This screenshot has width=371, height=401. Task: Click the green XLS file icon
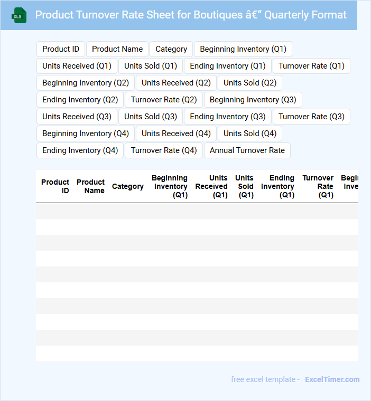tap(19, 15)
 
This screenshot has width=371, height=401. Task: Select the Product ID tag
tap(61, 49)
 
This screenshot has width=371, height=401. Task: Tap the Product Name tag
tap(117, 49)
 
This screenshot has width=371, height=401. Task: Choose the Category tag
tap(171, 49)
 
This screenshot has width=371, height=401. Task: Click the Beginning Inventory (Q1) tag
tap(243, 49)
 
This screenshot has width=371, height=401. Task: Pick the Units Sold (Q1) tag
tap(151, 66)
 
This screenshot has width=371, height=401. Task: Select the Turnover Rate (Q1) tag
tap(311, 66)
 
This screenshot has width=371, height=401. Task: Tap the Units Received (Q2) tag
tap(176, 83)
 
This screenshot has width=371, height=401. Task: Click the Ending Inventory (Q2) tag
tap(80, 100)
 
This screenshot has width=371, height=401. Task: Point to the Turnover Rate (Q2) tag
tap(164, 100)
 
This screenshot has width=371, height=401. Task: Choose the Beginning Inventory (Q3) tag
tap(253, 100)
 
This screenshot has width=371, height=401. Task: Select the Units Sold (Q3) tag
tap(151, 117)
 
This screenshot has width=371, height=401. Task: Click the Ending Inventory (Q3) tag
tap(228, 117)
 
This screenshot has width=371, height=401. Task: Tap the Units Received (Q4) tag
tap(176, 133)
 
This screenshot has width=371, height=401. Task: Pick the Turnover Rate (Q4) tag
tap(164, 150)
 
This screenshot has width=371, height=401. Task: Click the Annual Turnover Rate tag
tap(247, 150)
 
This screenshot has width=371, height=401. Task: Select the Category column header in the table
tap(128, 186)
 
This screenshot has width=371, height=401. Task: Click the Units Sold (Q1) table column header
tap(245, 186)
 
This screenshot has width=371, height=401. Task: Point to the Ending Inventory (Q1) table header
tap(278, 186)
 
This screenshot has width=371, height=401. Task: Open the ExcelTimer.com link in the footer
tap(332, 379)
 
